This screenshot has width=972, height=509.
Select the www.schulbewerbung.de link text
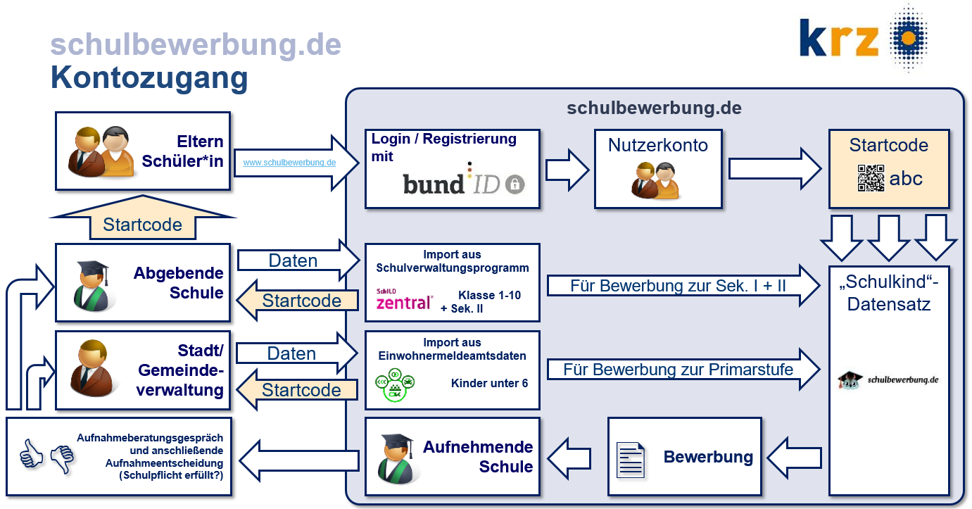(289, 162)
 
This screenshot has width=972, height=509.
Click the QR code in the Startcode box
(870, 179)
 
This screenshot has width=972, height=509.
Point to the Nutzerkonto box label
(657, 146)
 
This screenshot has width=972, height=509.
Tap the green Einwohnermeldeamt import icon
(395, 384)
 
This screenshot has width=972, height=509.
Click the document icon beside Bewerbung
(631, 458)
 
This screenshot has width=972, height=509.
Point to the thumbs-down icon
(62, 458)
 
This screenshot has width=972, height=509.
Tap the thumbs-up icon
(31, 455)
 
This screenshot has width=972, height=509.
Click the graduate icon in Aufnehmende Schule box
(396, 455)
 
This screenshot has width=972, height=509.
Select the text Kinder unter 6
(489, 384)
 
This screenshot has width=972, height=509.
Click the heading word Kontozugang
(149, 77)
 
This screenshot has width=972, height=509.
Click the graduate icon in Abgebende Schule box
(92, 285)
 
